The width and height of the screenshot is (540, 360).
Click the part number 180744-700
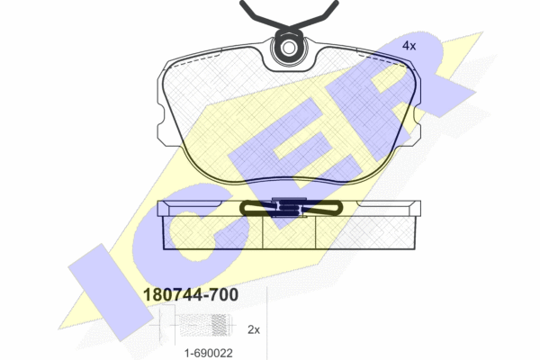point(191,295)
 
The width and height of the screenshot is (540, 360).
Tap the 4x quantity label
point(409,46)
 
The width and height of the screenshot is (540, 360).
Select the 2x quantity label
point(254,329)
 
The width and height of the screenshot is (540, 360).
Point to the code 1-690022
point(209,353)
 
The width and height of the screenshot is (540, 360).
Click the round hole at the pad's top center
point(288,49)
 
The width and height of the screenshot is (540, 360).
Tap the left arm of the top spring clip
point(263,16)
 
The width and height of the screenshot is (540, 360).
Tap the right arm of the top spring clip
point(315,16)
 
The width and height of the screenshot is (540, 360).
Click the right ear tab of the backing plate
point(415,132)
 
